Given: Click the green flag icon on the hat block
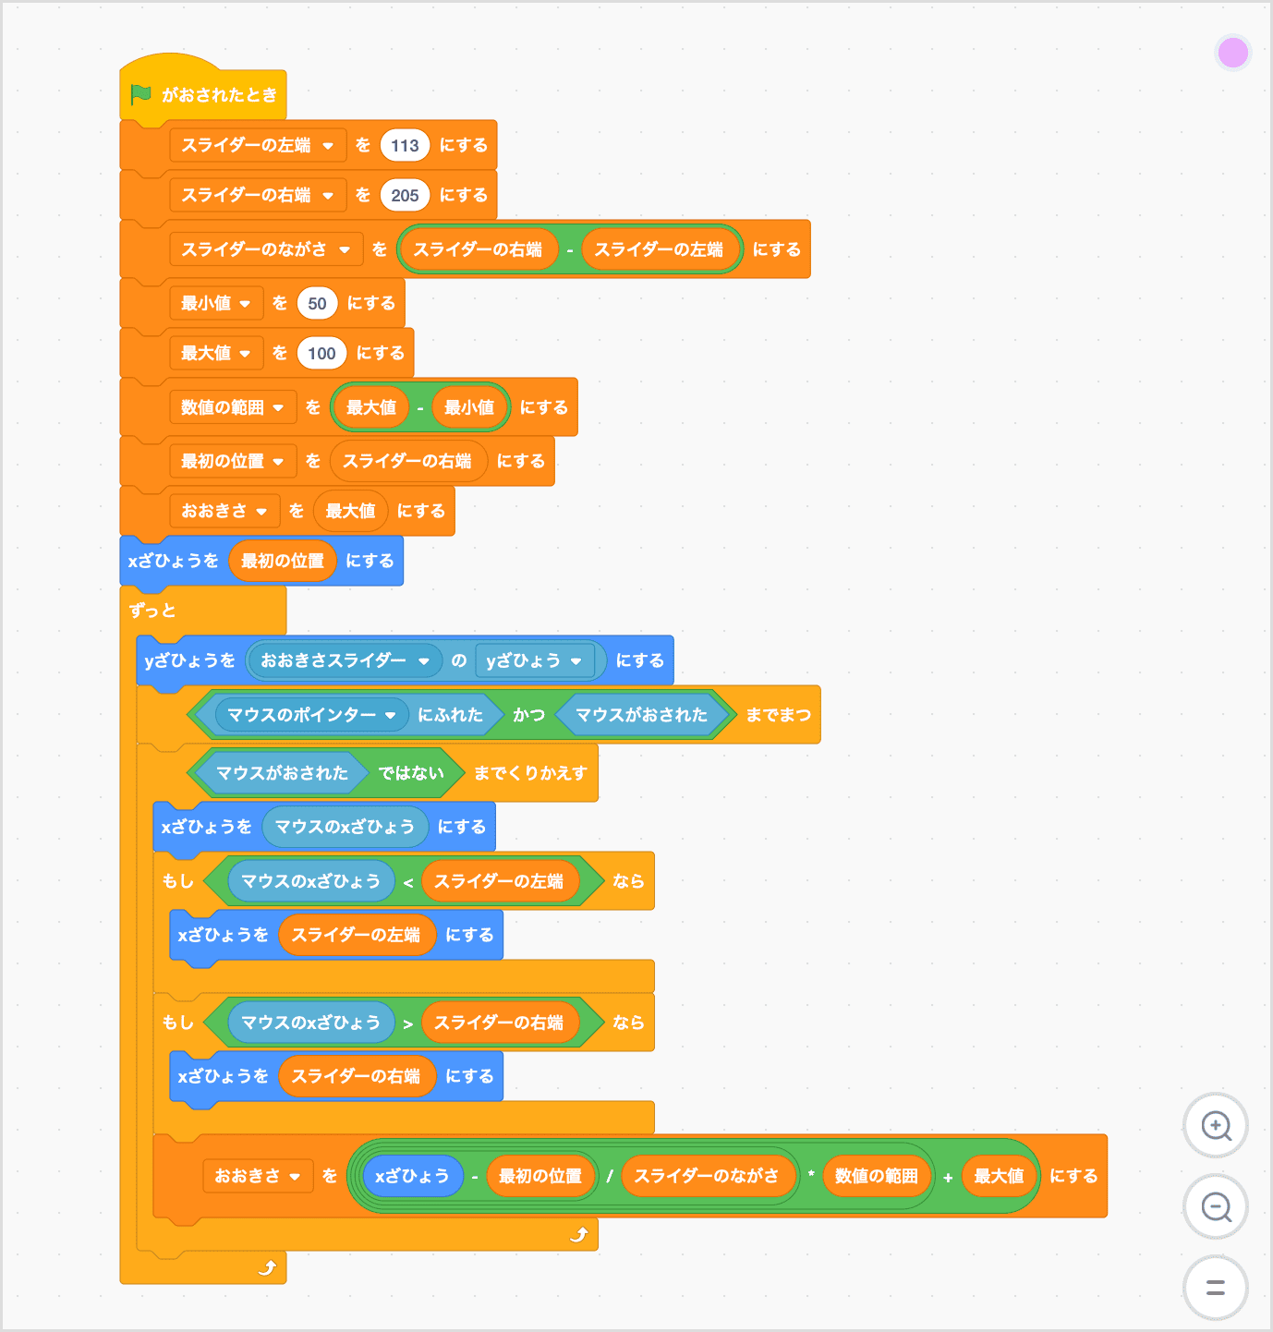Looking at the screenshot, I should tap(140, 94).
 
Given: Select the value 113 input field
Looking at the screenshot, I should tap(405, 145).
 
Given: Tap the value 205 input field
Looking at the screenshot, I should tap(405, 195).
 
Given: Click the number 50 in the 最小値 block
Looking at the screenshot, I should tap(317, 303).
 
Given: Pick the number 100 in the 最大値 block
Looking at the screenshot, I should tap(321, 353).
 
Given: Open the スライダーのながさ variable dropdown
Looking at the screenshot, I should tap(345, 249).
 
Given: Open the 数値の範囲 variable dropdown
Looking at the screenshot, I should tap(278, 407).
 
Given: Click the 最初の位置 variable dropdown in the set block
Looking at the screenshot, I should tap(278, 461).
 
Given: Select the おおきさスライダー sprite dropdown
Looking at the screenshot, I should tap(424, 660).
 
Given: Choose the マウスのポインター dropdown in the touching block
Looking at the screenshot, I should tap(391, 715).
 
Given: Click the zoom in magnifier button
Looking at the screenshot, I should tap(1216, 1126).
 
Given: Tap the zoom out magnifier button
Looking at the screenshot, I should tap(1216, 1206).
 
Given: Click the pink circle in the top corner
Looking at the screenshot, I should tap(1233, 53).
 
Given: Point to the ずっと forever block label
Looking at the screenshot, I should tap(152, 611).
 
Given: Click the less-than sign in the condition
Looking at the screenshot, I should tap(408, 882).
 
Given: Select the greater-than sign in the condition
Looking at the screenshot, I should tap(408, 1023).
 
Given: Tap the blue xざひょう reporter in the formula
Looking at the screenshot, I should tap(412, 1176).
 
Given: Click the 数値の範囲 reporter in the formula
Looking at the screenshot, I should tap(876, 1176).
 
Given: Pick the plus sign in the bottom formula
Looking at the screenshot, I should tap(948, 1177).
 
